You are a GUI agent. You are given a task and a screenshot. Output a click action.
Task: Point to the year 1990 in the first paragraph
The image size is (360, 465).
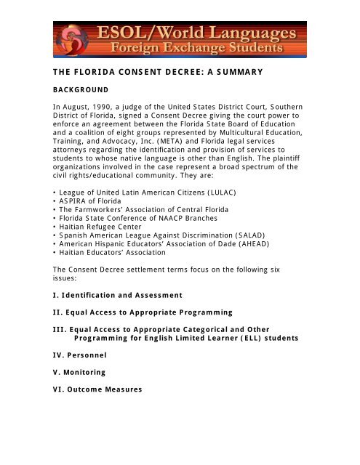[x=103, y=107]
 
